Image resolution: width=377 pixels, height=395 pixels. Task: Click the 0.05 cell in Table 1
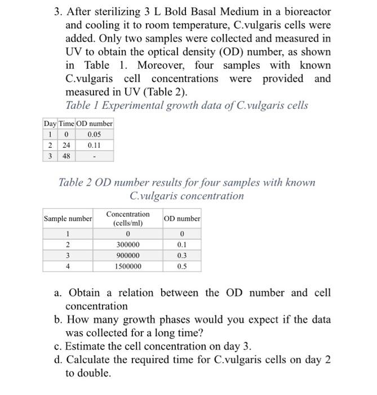coord(94,134)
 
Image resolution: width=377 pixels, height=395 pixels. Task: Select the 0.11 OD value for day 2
coord(94,145)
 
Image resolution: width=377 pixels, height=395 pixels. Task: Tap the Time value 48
coord(66,156)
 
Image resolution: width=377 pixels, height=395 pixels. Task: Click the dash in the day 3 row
coord(94,156)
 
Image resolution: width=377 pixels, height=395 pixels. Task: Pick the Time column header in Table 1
coord(66,124)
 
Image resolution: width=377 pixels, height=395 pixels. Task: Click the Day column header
coord(50,124)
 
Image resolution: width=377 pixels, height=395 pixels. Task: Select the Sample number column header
coord(68,218)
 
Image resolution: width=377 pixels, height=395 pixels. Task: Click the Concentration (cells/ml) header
coord(128,218)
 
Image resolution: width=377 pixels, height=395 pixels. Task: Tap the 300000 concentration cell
coord(128,245)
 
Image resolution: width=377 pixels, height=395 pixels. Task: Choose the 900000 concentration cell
coord(128,256)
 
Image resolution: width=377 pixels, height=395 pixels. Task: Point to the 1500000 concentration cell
coord(128,266)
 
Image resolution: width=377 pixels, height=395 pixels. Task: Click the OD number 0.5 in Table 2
coord(181,266)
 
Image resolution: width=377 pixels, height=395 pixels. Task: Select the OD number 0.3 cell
coord(181,256)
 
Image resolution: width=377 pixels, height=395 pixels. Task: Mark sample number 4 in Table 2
coord(68,266)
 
